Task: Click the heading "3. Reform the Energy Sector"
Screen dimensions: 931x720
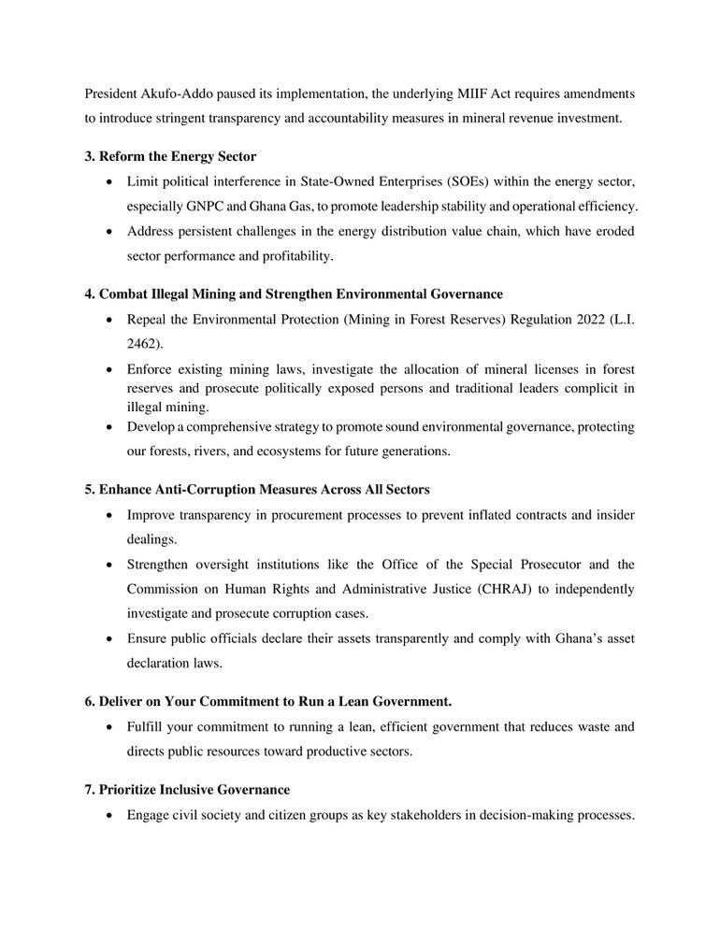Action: pos(170,156)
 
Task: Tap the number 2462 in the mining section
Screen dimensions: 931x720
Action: pos(145,344)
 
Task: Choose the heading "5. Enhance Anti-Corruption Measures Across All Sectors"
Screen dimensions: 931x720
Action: pos(257,490)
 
